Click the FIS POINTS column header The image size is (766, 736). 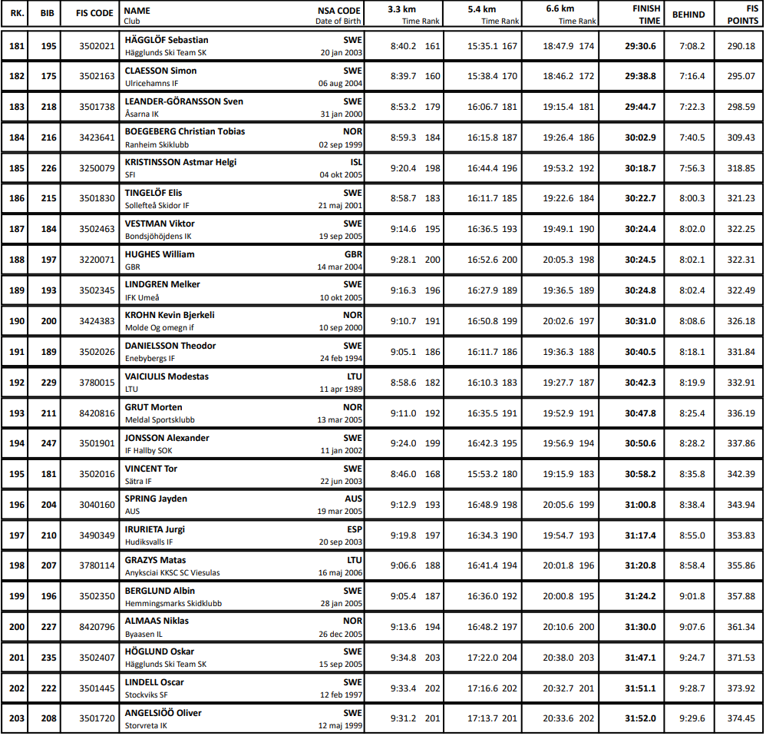click(741, 15)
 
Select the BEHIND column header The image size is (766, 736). click(688, 15)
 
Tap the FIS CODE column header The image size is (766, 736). click(95, 14)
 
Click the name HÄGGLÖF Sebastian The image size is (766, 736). click(167, 40)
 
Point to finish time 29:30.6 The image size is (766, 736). click(640, 46)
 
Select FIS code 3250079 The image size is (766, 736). click(97, 168)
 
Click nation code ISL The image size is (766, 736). click(356, 162)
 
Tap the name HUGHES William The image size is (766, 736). click(160, 254)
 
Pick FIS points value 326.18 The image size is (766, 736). click(741, 321)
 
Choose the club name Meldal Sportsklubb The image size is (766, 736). click(160, 420)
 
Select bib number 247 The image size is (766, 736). click(49, 444)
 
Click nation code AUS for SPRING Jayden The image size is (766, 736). click(354, 499)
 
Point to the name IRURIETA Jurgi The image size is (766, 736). click(155, 529)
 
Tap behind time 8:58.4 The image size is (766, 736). click(692, 566)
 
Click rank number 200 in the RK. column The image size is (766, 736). click(17, 627)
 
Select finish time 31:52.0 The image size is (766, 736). click(640, 719)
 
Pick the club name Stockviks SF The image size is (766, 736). click(147, 695)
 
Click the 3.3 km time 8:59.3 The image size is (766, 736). click(404, 138)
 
